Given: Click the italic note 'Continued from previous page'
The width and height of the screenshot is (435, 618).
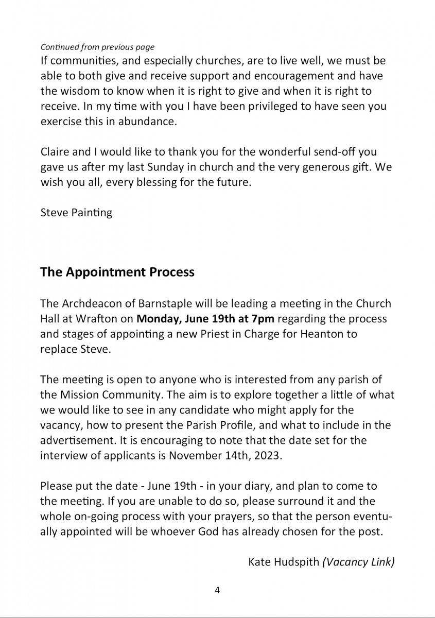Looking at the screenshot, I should pyautogui.click(x=97, y=47).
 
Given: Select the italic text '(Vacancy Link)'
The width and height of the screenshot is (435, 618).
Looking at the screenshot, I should pyautogui.click(x=358, y=561).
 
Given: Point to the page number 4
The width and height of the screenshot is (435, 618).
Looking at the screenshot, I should pyautogui.click(x=217, y=590).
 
